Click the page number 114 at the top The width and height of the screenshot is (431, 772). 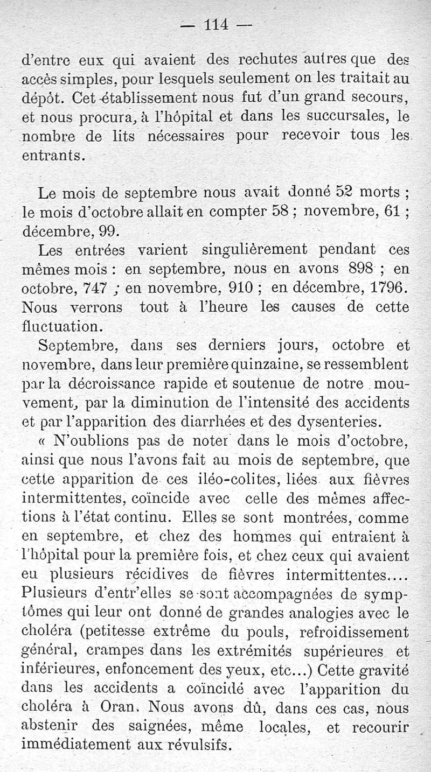(x=217, y=24)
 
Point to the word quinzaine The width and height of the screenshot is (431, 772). (x=266, y=365)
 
